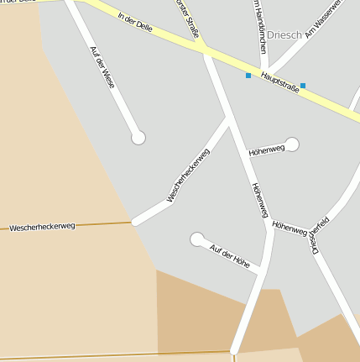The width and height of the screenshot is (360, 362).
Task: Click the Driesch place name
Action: [x=284, y=35]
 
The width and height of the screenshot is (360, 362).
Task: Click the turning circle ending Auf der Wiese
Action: [x=138, y=137]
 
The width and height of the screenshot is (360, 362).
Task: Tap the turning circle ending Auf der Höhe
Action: [x=197, y=239]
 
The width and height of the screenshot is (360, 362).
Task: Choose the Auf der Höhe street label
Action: [x=230, y=255]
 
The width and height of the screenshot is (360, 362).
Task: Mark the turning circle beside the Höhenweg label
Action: [x=292, y=144]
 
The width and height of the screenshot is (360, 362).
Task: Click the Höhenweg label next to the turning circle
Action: [x=267, y=150]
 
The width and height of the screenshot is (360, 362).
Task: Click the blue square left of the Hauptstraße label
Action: [x=248, y=76]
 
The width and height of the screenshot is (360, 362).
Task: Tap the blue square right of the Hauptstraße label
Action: [x=303, y=85]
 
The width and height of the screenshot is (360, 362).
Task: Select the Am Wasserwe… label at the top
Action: [x=324, y=18]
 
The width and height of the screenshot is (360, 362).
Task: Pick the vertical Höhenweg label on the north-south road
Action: [x=259, y=200]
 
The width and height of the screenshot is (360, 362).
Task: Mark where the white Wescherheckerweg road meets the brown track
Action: [x=133, y=223]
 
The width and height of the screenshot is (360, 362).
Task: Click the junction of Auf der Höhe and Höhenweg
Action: [x=262, y=269]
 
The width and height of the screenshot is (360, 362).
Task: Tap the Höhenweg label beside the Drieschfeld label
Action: [x=290, y=228]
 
